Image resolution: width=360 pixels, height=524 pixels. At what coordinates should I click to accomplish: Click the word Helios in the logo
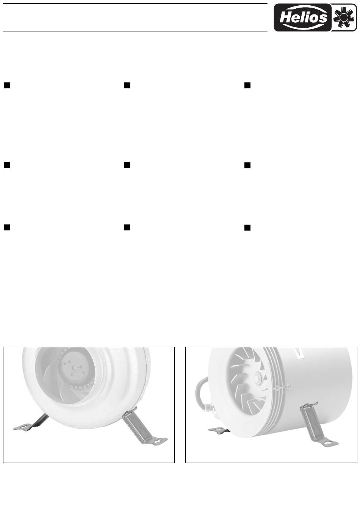click(303, 17)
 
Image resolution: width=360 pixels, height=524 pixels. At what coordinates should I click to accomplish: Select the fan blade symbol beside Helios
click(344, 17)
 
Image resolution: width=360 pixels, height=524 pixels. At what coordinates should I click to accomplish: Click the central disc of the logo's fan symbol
click(344, 17)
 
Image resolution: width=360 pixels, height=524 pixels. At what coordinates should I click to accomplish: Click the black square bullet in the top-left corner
click(7, 85)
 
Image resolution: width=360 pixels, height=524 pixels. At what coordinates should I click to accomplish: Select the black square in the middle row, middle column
click(127, 166)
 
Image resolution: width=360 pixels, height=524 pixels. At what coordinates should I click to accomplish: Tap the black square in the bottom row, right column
click(247, 228)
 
